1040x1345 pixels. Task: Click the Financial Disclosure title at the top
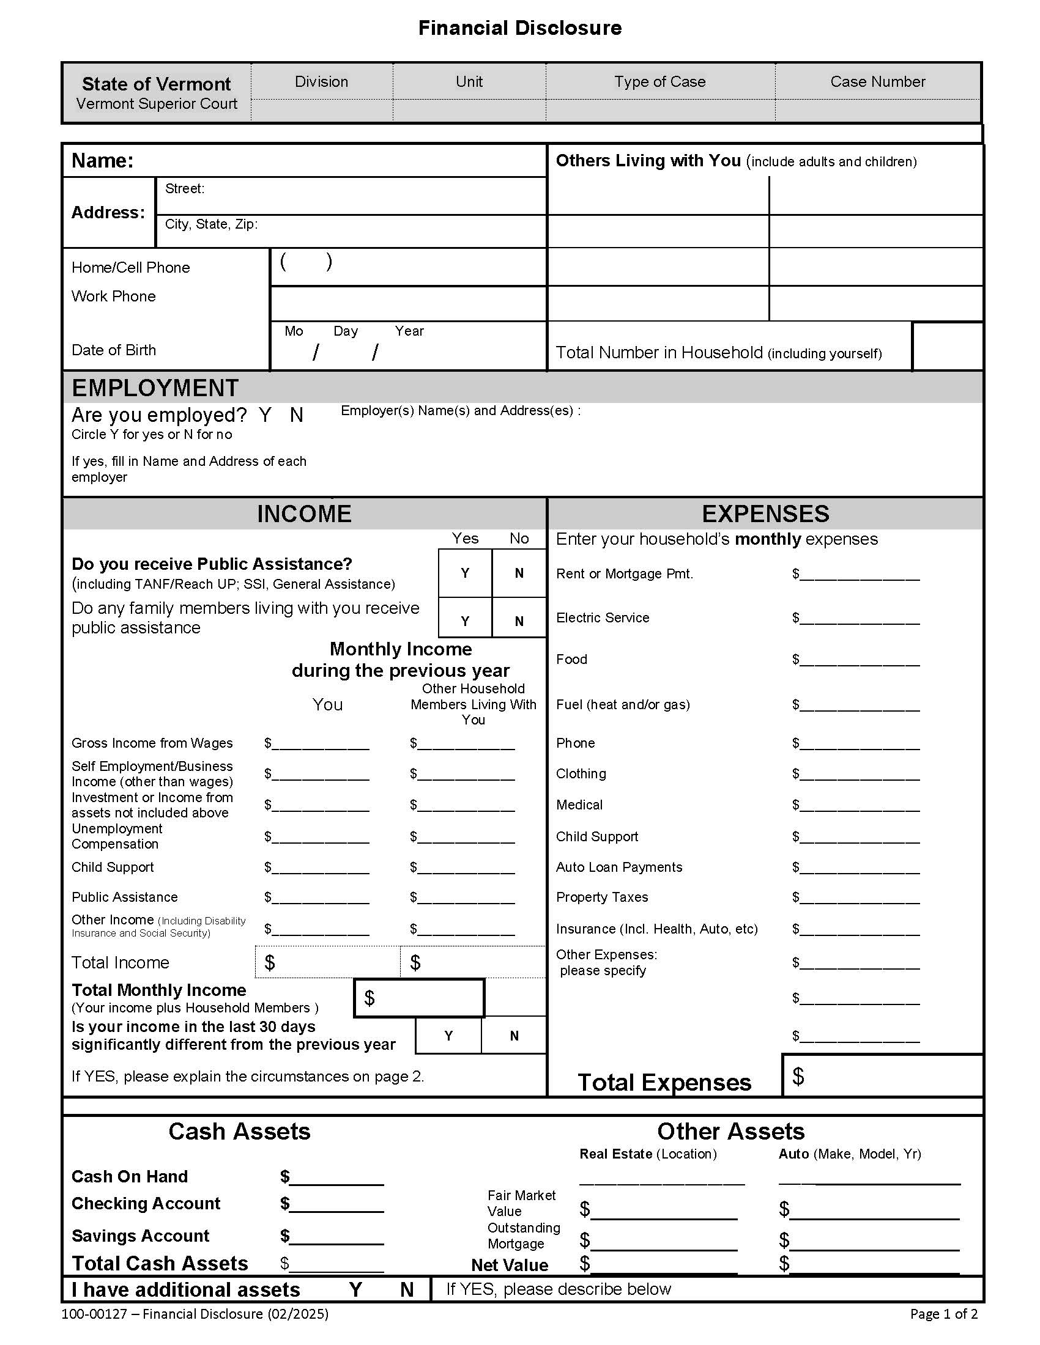tap(519, 28)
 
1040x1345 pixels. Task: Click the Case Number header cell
tap(877, 81)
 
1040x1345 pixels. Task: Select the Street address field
tap(370, 195)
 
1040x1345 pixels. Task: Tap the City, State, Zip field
tap(395, 231)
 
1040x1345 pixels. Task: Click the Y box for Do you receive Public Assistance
tap(465, 573)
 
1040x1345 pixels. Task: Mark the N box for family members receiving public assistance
tap(519, 621)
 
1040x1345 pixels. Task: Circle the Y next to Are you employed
tap(265, 415)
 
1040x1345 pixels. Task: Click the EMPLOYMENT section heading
tap(155, 388)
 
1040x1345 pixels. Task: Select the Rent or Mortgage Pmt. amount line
tap(859, 575)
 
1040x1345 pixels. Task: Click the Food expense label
tap(571, 659)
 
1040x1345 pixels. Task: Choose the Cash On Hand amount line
tap(336, 1177)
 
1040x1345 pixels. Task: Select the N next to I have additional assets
tap(407, 1289)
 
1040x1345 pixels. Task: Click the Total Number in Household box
tap(946, 346)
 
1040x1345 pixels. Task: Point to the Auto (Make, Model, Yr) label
tap(849, 1154)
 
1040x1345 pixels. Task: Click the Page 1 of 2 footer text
tap(943, 1314)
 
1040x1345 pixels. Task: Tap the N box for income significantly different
tap(514, 1036)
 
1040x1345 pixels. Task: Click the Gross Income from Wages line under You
tap(321, 743)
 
